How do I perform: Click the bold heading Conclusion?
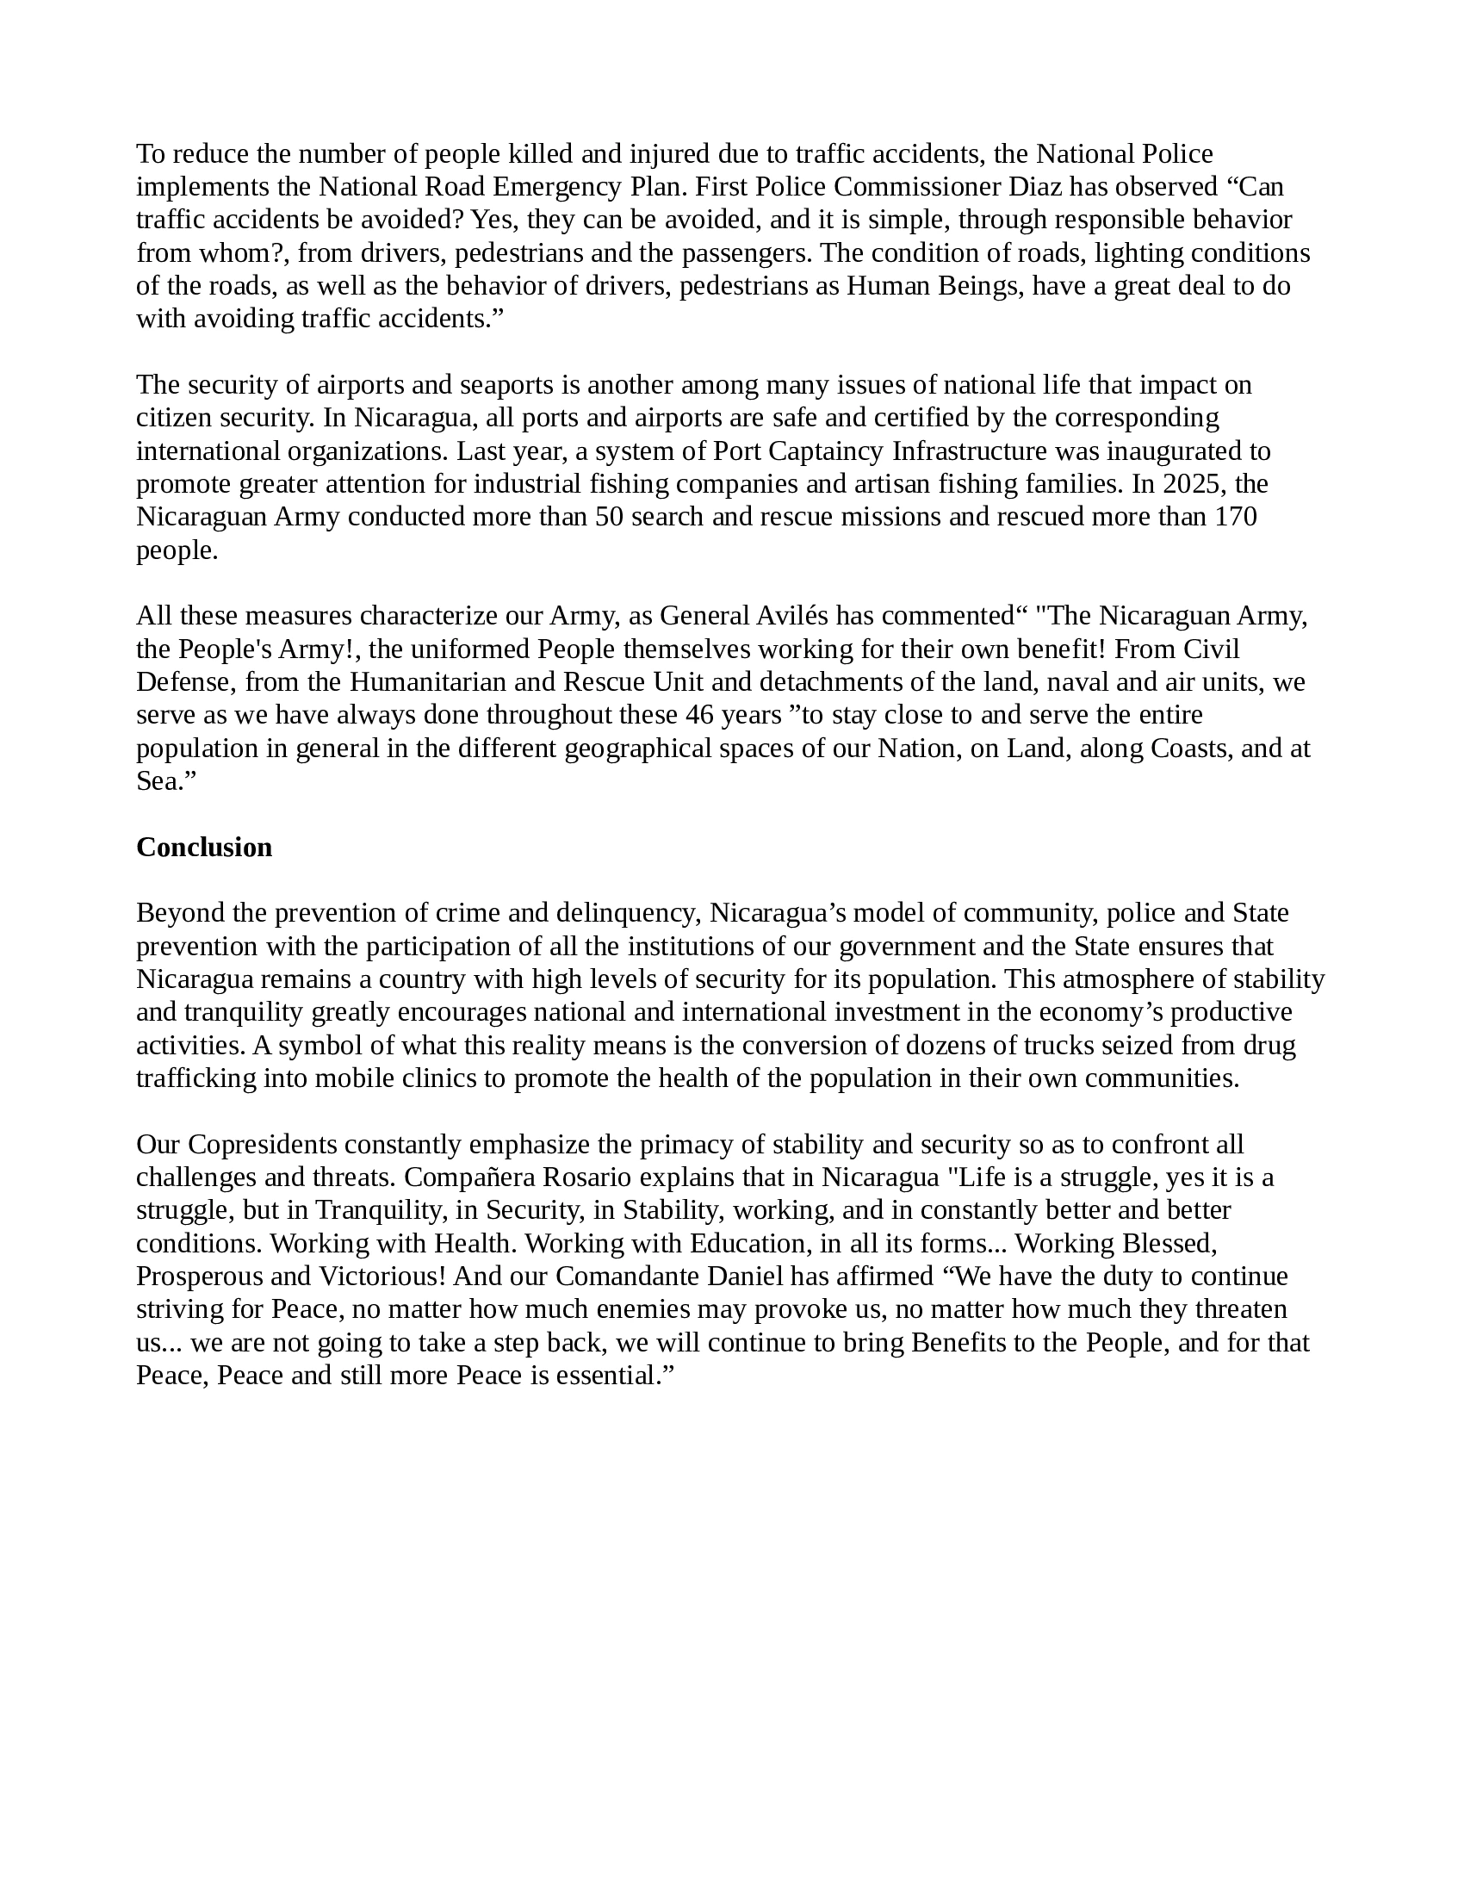point(204,847)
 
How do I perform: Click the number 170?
point(1236,516)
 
